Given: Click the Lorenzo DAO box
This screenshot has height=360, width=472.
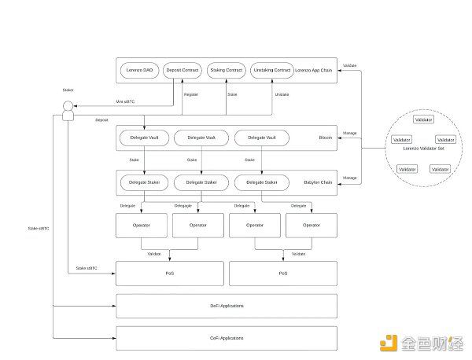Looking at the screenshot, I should click(x=140, y=70).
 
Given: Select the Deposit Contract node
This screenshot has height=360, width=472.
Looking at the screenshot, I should click(x=183, y=70).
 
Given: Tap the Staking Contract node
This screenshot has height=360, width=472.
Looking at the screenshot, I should click(x=226, y=70).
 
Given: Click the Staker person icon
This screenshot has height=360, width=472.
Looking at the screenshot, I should click(x=68, y=110).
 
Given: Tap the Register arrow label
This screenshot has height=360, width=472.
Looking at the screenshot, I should click(x=191, y=94).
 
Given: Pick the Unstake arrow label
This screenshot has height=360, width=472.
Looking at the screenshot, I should click(x=281, y=94).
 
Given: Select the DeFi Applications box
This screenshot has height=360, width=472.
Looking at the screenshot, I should click(x=227, y=305).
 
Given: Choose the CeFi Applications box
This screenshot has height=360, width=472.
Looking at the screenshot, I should click(x=227, y=337).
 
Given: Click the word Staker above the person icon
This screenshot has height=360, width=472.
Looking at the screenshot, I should click(x=68, y=91).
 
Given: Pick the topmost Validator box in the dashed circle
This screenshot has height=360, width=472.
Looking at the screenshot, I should click(x=424, y=119).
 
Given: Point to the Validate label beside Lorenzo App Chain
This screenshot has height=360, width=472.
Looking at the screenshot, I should click(x=350, y=64).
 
